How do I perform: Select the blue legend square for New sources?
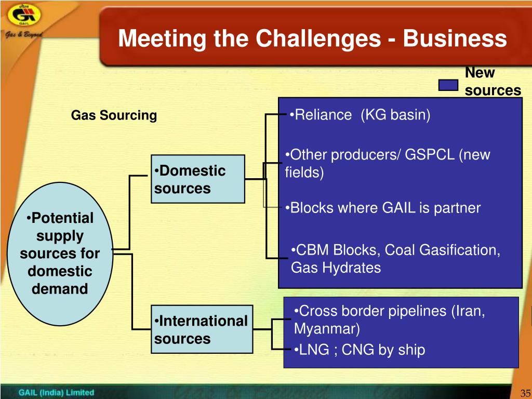(x=448, y=86)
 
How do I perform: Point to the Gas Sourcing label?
(x=114, y=115)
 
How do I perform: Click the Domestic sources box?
(x=198, y=179)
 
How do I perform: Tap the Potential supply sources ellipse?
(x=60, y=253)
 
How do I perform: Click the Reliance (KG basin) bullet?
(x=360, y=115)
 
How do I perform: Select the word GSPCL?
(x=430, y=155)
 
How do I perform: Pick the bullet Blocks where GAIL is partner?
(x=383, y=208)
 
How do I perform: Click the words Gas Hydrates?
(x=336, y=268)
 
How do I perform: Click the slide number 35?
(x=524, y=393)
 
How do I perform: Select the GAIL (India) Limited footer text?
(x=56, y=392)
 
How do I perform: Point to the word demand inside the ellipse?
(x=60, y=289)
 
